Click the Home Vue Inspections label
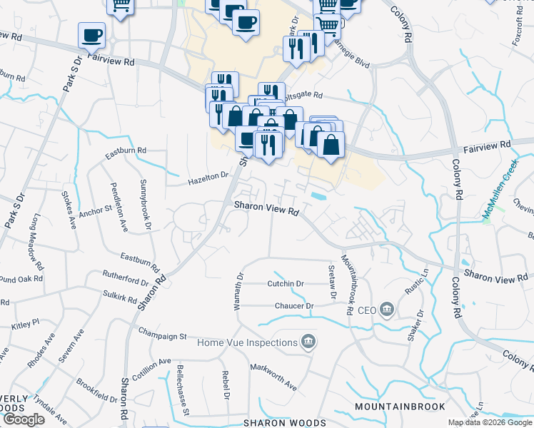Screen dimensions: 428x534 point(247,343)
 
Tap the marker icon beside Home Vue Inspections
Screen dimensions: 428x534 point(308,343)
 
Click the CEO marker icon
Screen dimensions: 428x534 point(386,309)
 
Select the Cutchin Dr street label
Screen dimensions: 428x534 point(286,283)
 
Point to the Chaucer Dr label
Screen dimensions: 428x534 point(294,306)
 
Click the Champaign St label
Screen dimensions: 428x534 point(162,335)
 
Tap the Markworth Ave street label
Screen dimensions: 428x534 point(273,376)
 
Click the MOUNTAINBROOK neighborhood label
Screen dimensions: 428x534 point(400,407)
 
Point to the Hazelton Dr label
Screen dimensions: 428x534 point(208,175)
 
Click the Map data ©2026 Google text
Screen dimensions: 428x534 point(490,422)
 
